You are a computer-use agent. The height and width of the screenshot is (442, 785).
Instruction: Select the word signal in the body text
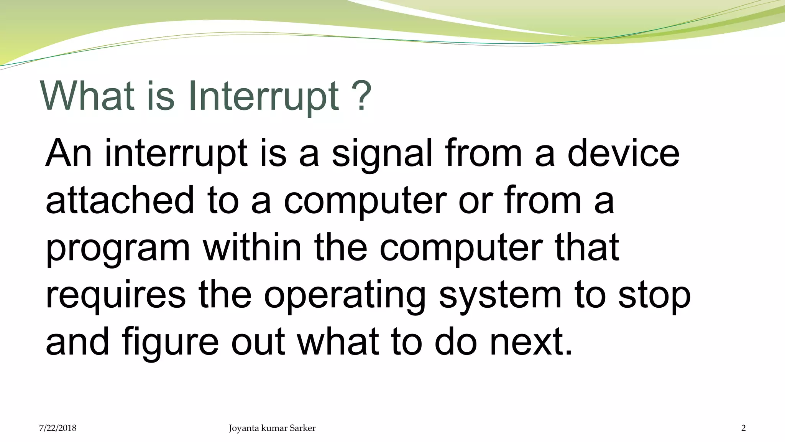(x=382, y=154)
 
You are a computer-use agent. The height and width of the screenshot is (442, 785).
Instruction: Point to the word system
(x=500, y=296)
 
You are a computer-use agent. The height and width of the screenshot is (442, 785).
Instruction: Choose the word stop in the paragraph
(x=655, y=296)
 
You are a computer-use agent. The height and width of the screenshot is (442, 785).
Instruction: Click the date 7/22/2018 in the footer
(x=57, y=428)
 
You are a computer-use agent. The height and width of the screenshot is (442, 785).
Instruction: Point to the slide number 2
(x=743, y=428)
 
